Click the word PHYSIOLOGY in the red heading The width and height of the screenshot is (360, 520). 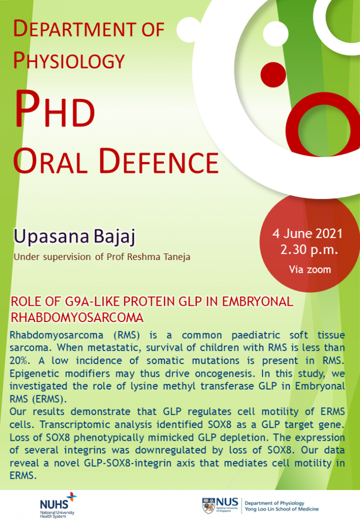pyautogui.click(x=69, y=61)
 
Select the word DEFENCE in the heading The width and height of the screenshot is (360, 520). pyautogui.click(x=159, y=161)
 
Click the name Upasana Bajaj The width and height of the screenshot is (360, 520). pyautogui.click(x=75, y=237)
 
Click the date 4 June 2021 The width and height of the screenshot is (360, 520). pyautogui.click(x=307, y=234)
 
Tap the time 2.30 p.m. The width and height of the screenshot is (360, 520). pyautogui.click(x=309, y=249)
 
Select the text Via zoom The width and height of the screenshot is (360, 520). pyautogui.click(x=310, y=269)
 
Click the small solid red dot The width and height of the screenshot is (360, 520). pyautogui.click(x=273, y=75)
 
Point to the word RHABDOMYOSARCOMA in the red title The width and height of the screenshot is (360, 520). pyautogui.click(x=77, y=317)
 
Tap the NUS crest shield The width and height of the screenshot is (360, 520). pyautogui.click(x=208, y=506)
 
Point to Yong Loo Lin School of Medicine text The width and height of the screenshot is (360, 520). pyautogui.click(x=281, y=509)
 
